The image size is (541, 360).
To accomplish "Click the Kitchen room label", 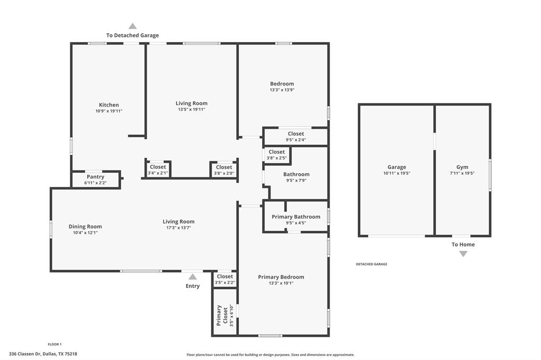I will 109,105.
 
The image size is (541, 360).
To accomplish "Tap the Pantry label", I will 95,177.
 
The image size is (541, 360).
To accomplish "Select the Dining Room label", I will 85,226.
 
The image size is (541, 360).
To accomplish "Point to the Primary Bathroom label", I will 296,217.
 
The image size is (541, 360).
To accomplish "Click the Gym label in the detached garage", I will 462,167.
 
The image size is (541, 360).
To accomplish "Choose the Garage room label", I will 397,167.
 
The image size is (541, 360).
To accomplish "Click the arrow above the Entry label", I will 193,277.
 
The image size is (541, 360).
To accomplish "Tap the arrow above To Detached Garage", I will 133,26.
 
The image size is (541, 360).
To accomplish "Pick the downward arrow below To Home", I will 463,254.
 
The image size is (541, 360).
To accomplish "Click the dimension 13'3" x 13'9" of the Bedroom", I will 282,90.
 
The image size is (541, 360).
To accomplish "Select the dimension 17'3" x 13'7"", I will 179,228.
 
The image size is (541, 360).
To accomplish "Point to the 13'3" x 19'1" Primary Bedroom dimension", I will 281,283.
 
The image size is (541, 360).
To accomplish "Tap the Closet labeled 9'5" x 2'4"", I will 295,134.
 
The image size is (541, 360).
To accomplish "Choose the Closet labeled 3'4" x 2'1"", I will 157,167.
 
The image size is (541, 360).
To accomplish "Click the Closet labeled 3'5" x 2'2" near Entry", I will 225,277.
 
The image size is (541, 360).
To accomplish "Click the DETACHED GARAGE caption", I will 371,264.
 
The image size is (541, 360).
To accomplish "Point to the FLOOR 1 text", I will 54,344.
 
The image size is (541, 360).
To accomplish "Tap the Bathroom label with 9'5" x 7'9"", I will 296,174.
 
